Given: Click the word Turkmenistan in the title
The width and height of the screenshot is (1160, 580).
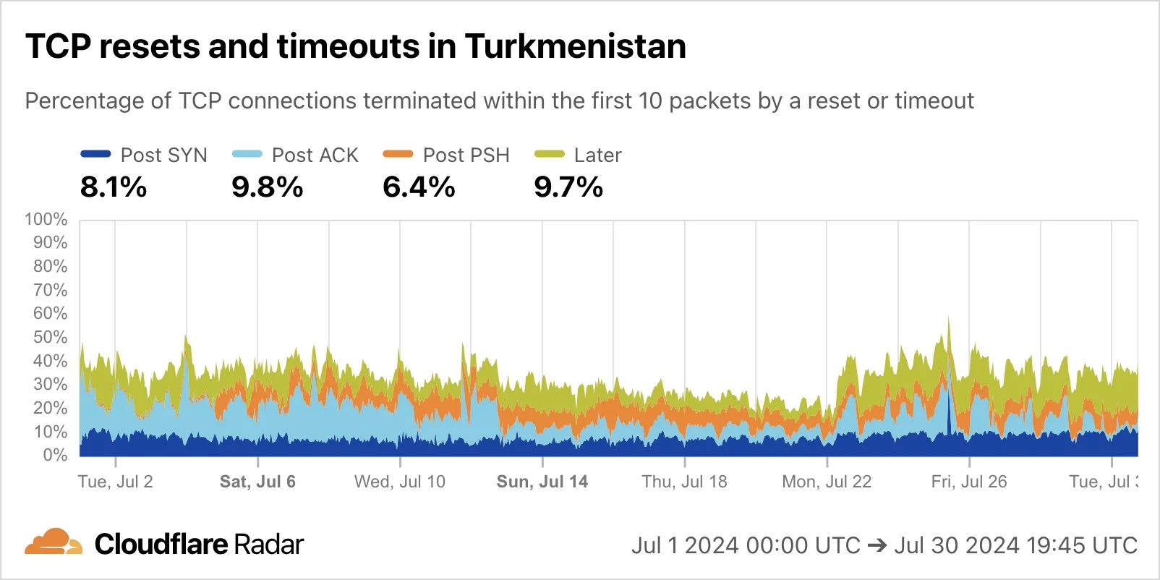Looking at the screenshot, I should point(575,46).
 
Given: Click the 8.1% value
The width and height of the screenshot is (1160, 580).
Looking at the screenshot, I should point(114,187).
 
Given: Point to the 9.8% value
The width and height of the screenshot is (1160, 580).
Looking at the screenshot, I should point(267,187).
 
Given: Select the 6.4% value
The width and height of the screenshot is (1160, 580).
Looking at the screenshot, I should point(419,187).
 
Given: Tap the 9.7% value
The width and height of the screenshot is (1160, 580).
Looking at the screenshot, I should point(568,187).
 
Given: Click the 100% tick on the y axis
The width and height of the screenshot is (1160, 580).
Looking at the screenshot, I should point(46,219).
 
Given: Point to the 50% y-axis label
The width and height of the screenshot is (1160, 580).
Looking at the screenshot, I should point(50,337).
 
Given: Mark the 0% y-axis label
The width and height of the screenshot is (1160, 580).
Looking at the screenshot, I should point(55,455).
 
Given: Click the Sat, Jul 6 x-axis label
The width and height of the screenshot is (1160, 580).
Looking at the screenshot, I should point(257,482).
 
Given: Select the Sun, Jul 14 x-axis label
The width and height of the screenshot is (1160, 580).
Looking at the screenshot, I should point(542,482).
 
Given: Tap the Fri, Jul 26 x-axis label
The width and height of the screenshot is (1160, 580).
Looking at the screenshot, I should point(968,482).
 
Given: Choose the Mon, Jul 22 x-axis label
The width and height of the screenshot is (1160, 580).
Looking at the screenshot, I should point(827,482).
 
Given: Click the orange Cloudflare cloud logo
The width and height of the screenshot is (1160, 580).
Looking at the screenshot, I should point(54,542).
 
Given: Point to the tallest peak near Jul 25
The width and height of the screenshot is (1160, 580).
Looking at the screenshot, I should point(948,319).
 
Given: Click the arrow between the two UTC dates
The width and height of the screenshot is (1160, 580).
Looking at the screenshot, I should point(877,545).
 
